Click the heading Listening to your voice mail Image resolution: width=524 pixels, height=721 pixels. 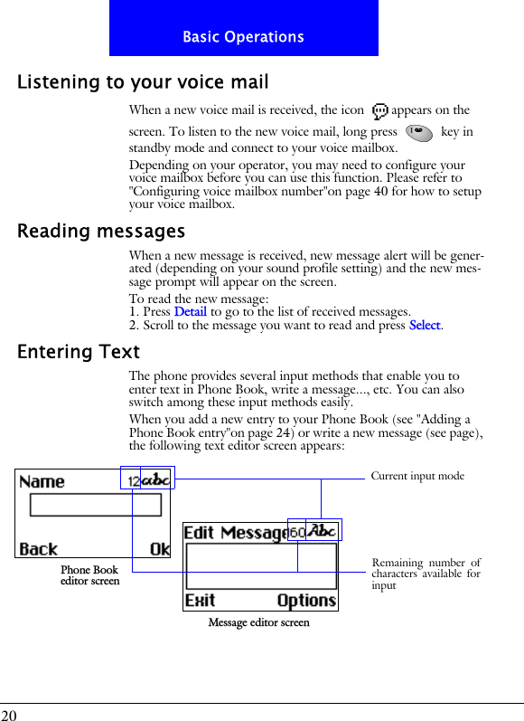[x=143, y=82]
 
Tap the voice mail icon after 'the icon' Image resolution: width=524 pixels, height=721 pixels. [x=379, y=111]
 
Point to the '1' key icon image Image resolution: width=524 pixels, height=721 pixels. [x=418, y=132]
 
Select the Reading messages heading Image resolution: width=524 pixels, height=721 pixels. [x=101, y=232]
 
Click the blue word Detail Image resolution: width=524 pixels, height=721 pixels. [x=190, y=312]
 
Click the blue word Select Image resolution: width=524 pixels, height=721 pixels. [x=425, y=326]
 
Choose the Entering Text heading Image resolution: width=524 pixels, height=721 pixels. [x=79, y=352]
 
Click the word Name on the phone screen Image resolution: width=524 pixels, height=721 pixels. [x=42, y=482]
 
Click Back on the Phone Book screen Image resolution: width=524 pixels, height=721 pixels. [x=39, y=548]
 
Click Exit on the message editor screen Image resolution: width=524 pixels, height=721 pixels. [x=201, y=600]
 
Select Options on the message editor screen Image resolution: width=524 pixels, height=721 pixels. [x=306, y=600]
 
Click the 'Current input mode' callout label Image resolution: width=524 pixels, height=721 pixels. [x=417, y=476]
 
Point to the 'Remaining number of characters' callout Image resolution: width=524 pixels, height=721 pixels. [x=426, y=574]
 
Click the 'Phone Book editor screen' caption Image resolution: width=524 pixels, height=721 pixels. [x=89, y=575]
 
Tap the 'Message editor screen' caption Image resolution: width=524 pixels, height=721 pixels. [x=258, y=622]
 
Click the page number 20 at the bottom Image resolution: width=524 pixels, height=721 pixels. [x=11, y=714]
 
